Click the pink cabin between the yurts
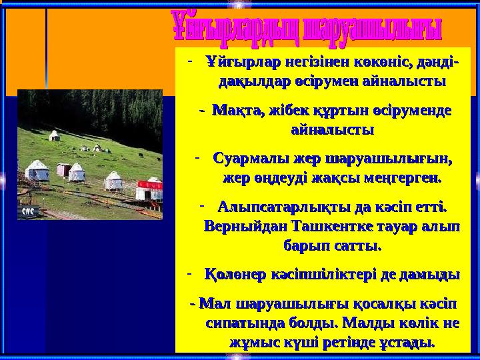tap(64, 170)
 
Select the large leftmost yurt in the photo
tap(37, 171)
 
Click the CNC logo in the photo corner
tap(28, 211)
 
